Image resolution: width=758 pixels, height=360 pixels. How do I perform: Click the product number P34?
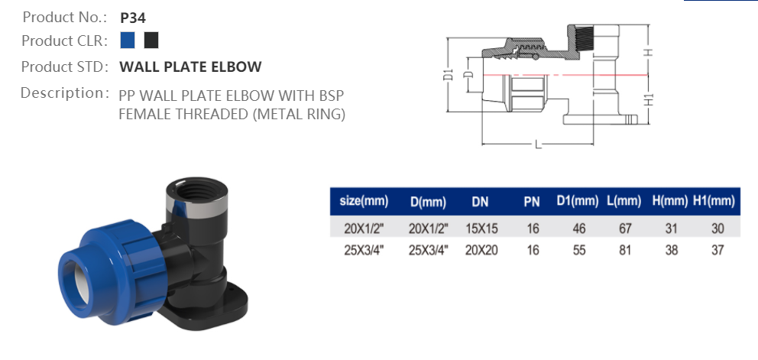click(x=133, y=15)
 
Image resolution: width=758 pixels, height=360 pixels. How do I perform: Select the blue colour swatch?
click(x=128, y=40)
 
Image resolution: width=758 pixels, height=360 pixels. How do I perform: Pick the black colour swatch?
click(x=151, y=40)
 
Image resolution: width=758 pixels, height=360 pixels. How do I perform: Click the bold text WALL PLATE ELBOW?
click(x=190, y=66)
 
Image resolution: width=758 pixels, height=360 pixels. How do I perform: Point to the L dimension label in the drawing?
click(x=537, y=144)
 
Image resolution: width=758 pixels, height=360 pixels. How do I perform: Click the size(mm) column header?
click(x=364, y=202)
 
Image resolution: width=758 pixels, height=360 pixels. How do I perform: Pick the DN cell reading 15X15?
click(x=481, y=229)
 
